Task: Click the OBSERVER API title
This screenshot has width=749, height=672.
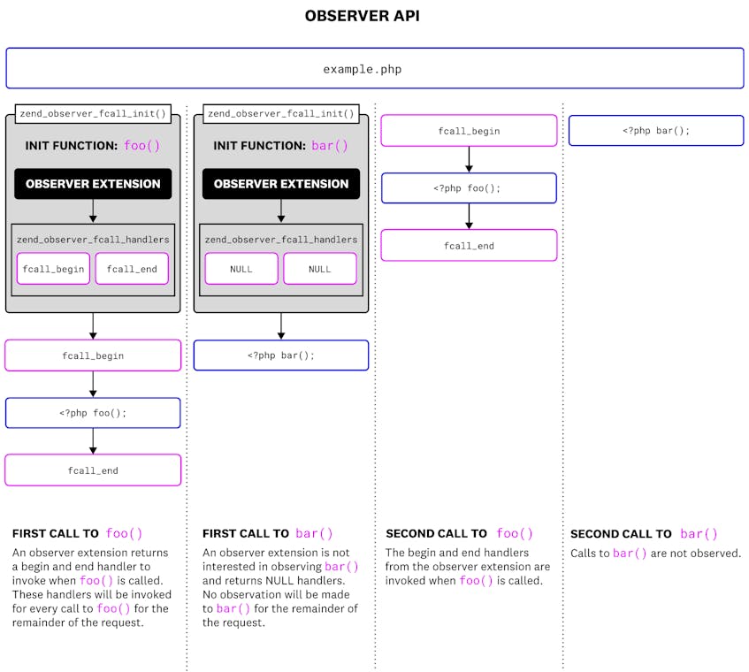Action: (x=374, y=16)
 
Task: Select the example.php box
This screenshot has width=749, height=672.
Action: (x=374, y=68)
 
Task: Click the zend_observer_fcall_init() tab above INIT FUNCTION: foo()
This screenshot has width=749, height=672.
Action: (x=93, y=113)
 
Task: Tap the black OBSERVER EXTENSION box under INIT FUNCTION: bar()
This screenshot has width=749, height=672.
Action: (x=281, y=184)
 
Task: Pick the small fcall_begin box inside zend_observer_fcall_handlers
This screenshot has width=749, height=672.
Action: (x=53, y=269)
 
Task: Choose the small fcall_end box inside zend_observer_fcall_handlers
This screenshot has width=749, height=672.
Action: (x=132, y=269)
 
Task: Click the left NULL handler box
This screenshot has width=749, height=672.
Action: (x=241, y=269)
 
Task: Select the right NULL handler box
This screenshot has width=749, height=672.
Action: (x=320, y=269)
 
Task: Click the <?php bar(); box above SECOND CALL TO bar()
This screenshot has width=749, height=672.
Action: (x=655, y=130)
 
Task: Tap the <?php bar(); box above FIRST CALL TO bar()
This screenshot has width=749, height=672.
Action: (x=281, y=355)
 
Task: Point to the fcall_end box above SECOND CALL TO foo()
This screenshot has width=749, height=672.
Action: (x=469, y=246)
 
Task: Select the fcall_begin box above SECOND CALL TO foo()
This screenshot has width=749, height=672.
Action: (x=469, y=131)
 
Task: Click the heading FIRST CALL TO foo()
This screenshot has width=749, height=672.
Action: (x=77, y=534)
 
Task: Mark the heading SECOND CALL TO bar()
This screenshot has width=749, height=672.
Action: (x=644, y=534)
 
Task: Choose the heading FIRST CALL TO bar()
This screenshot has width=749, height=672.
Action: (x=268, y=534)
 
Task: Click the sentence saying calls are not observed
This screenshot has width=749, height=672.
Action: (x=655, y=554)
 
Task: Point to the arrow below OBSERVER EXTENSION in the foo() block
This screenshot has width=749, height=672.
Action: (x=93, y=211)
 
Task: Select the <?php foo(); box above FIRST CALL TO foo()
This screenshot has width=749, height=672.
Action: (x=93, y=413)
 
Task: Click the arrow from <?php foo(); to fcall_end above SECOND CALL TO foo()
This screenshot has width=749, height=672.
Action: (x=469, y=217)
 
